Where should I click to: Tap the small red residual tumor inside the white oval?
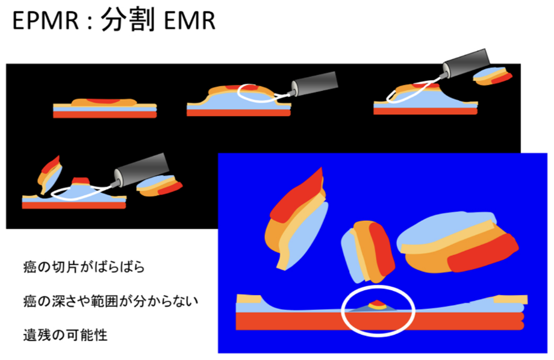point(377,303)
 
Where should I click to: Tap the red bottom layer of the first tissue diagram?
point(105,114)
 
